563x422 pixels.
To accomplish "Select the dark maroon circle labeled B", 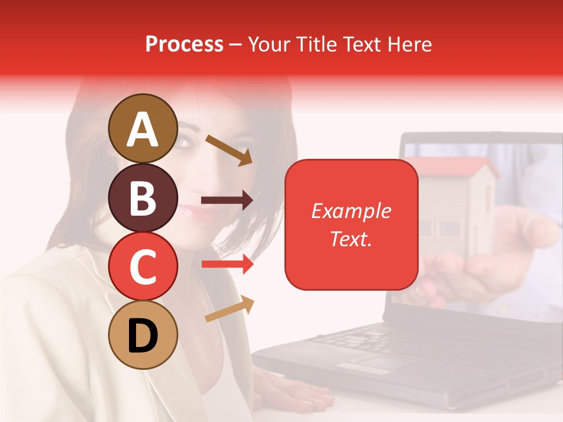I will [143, 198].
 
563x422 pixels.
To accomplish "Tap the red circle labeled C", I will [143, 266].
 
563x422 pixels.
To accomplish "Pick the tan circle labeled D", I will [143, 335].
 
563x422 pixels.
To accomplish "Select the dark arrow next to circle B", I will [226, 200].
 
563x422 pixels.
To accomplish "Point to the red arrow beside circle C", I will [227, 264].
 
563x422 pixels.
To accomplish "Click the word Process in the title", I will [184, 44].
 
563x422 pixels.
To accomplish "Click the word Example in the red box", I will [351, 211].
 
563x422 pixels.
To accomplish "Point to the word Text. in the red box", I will [351, 239].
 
